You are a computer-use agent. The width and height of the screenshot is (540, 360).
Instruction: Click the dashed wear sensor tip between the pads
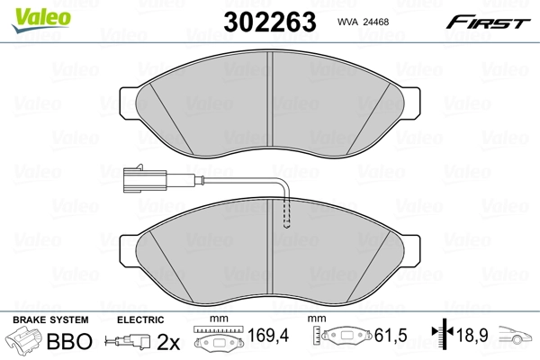coord(287,216)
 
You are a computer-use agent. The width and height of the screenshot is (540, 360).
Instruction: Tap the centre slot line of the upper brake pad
coord(271,99)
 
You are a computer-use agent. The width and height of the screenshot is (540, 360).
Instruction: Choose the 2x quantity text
coord(168,342)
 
